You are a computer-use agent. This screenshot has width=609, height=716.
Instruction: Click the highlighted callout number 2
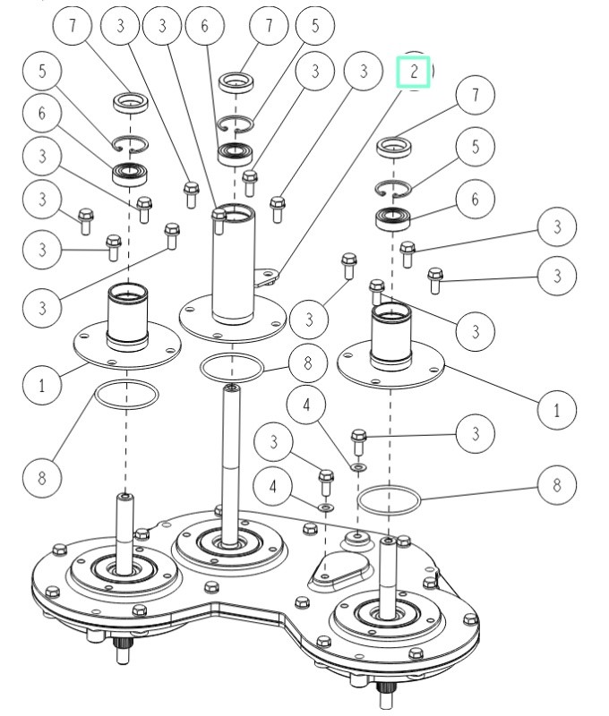tap(414, 72)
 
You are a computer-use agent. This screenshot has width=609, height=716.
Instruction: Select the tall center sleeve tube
tap(233, 264)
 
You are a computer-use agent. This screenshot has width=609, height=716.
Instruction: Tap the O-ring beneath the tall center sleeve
tap(232, 366)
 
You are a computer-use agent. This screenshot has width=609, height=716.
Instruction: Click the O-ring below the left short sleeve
tap(127, 394)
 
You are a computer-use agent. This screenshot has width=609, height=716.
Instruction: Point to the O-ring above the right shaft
tap(387, 499)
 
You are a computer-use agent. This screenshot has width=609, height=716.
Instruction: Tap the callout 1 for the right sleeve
tap(558, 409)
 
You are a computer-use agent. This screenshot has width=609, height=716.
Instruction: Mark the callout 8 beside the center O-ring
tap(307, 363)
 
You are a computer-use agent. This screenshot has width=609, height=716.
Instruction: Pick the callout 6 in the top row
tap(204, 26)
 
